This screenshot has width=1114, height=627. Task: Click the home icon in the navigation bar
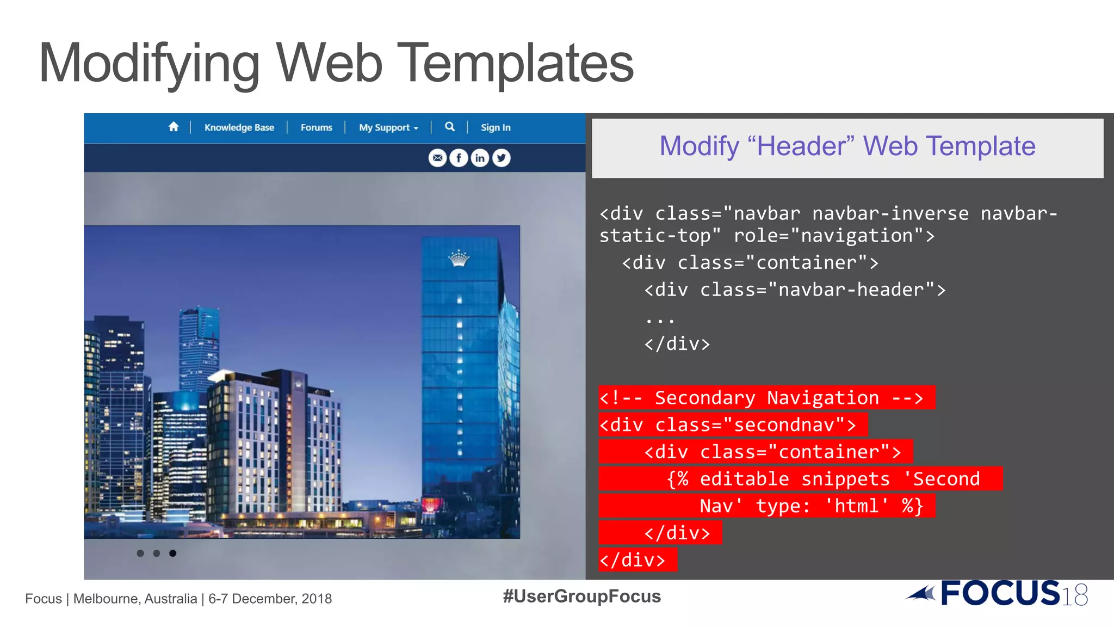pyautogui.click(x=174, y=127)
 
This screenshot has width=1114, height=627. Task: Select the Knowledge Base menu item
pyautogui.click(x=239, y=127)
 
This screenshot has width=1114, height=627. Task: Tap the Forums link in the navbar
pyautogui.click(x=316, y=127)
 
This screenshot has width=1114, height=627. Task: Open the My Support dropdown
pyautogui.click(x=388, y=127)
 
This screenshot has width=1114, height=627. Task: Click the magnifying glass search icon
pyautogui.click(x=449, y=127)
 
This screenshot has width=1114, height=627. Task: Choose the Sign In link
pyautogui.click(x=496, y=127)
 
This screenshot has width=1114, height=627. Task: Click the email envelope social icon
pyautogui.click(x=437, y=158)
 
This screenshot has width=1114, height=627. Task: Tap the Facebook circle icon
pyautogui.click(x=459, y=158)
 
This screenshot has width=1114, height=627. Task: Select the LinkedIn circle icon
pyautogui.click(x=480, y=158)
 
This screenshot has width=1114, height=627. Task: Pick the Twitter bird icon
pyautogui.click(x=501, y=158)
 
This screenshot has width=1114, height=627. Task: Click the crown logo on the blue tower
pyautogui.click(x=459, y=258)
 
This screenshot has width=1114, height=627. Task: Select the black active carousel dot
pyautogui.click(x=172, y=553)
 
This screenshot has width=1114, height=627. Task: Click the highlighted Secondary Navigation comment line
pyautogui.click(x=766, y=398)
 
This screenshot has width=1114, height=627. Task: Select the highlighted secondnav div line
pyautogui.click(x=732, y=425)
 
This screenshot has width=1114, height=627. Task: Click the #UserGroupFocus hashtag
pyautogui.click(x=581, y=597)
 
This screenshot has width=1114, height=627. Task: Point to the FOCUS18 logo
pyautogui.click(x=998, y=593)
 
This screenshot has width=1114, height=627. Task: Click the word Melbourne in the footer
pyautogui.click(x=107, y=599)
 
